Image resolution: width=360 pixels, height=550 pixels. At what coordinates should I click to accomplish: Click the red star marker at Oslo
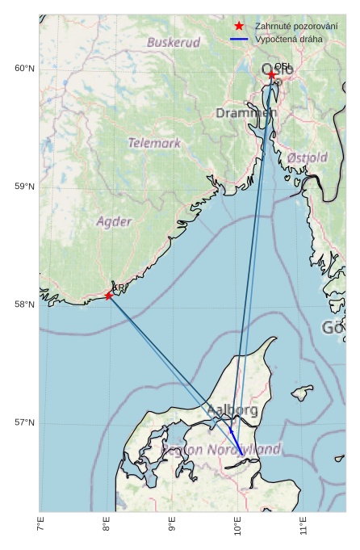tap(271, 75)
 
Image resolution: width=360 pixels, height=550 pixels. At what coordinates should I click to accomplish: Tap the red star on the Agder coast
tap(109, 296)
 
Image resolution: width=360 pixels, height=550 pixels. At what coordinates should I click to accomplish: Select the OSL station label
tap(283, 67)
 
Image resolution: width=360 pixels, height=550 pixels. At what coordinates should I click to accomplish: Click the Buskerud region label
tap(174, 42)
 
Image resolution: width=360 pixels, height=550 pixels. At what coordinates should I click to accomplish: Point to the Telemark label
tap(154, 143)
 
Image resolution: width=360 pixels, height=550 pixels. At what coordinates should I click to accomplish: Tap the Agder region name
tap(114, 221)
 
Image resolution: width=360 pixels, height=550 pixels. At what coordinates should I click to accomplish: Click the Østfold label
tap(307, 157)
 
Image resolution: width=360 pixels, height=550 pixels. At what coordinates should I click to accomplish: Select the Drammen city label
tap(245, 114)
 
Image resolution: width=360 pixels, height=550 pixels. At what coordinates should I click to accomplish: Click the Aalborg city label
tap(232, 411)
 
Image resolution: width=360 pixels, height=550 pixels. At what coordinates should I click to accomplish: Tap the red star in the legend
tap(239, 27)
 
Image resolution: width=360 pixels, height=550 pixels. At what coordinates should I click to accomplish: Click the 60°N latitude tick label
tap(24, 69)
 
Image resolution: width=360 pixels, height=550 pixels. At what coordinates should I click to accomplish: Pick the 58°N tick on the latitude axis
tap(24, 304)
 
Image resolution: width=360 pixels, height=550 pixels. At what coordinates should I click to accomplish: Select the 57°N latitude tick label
tap(24, 422)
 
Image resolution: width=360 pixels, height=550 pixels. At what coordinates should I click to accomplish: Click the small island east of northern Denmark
tap(302, 393)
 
